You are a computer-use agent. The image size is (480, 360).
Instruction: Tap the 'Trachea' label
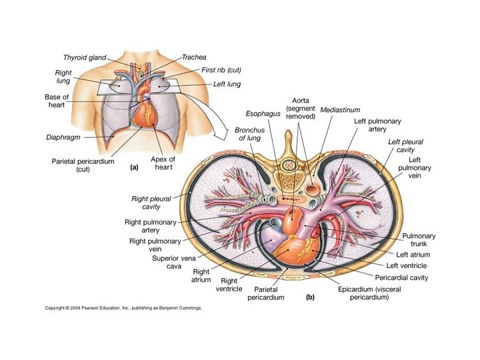tap(194, 58)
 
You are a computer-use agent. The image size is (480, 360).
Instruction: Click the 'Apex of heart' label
tap(163, 163)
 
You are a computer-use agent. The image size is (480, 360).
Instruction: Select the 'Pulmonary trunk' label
tap(419, 241)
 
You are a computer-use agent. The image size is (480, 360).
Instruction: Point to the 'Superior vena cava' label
tap(172, 262)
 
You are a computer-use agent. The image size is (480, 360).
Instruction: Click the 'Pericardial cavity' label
tap(402, 277)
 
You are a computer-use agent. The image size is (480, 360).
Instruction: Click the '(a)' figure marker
tap(132, 169)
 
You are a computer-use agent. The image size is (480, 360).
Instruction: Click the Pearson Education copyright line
tap(123, 309)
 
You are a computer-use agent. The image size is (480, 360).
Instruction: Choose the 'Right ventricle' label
tap(229, 285)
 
